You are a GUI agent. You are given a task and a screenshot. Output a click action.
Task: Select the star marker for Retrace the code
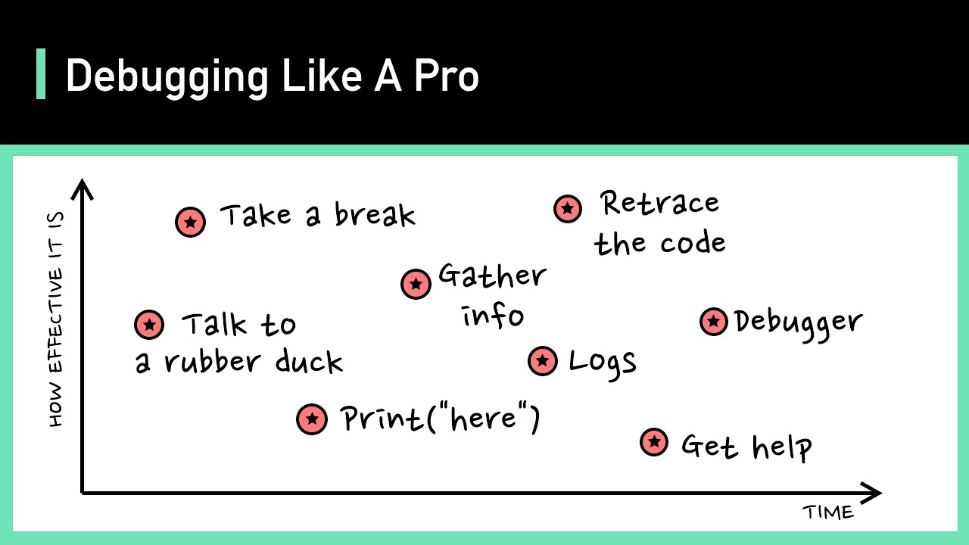coord(567,207)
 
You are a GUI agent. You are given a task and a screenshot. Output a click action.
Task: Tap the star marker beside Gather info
coord(415,284)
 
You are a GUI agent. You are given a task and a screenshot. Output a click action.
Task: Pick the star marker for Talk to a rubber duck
coord(149,325)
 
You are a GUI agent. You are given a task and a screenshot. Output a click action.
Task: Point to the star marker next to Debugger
coord(713,322)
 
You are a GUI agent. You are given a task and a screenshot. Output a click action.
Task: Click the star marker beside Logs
coord(542,361)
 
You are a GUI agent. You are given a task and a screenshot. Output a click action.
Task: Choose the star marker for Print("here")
coord(311,419)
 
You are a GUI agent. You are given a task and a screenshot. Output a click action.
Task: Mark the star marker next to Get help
coord(654,441)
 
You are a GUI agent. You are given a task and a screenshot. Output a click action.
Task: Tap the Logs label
coord(602,363)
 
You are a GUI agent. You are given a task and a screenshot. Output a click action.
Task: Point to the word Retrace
coord(659,203)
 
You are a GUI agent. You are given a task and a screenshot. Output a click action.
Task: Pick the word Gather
coord(492,276)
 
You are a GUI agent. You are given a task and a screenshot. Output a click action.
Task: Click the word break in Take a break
coord(375,216)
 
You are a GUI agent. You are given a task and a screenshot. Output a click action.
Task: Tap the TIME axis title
coord(828,512)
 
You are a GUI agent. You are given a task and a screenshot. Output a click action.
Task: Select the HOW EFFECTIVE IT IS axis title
coord(56,319)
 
